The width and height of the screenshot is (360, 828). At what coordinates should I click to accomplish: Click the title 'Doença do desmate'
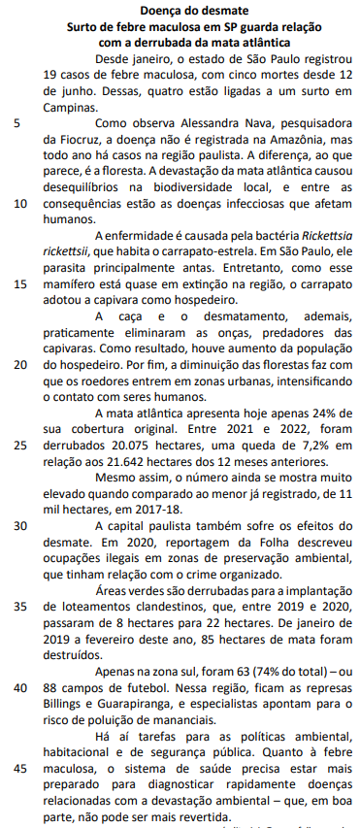point(180,9)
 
